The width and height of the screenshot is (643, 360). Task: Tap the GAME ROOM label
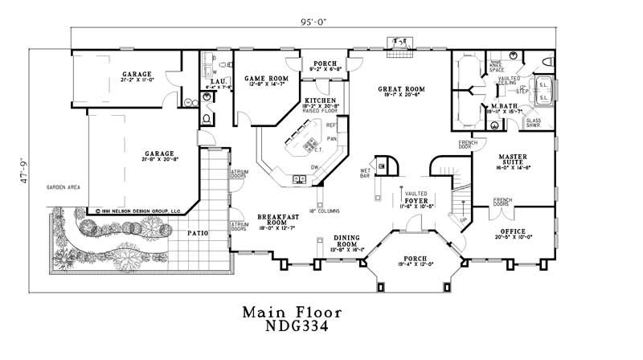coord(261,78)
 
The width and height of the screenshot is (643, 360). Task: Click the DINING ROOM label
coord(349,240)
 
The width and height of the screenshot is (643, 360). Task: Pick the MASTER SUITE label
coord(512,159)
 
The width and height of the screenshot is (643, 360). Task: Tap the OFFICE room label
coord(512,231)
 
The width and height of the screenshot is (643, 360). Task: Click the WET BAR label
coord(365,172)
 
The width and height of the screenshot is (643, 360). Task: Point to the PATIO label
coord(198,233)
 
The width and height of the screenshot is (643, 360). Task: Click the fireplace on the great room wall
coord(399,42)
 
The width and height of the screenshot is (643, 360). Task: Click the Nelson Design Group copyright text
coord(134,211)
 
